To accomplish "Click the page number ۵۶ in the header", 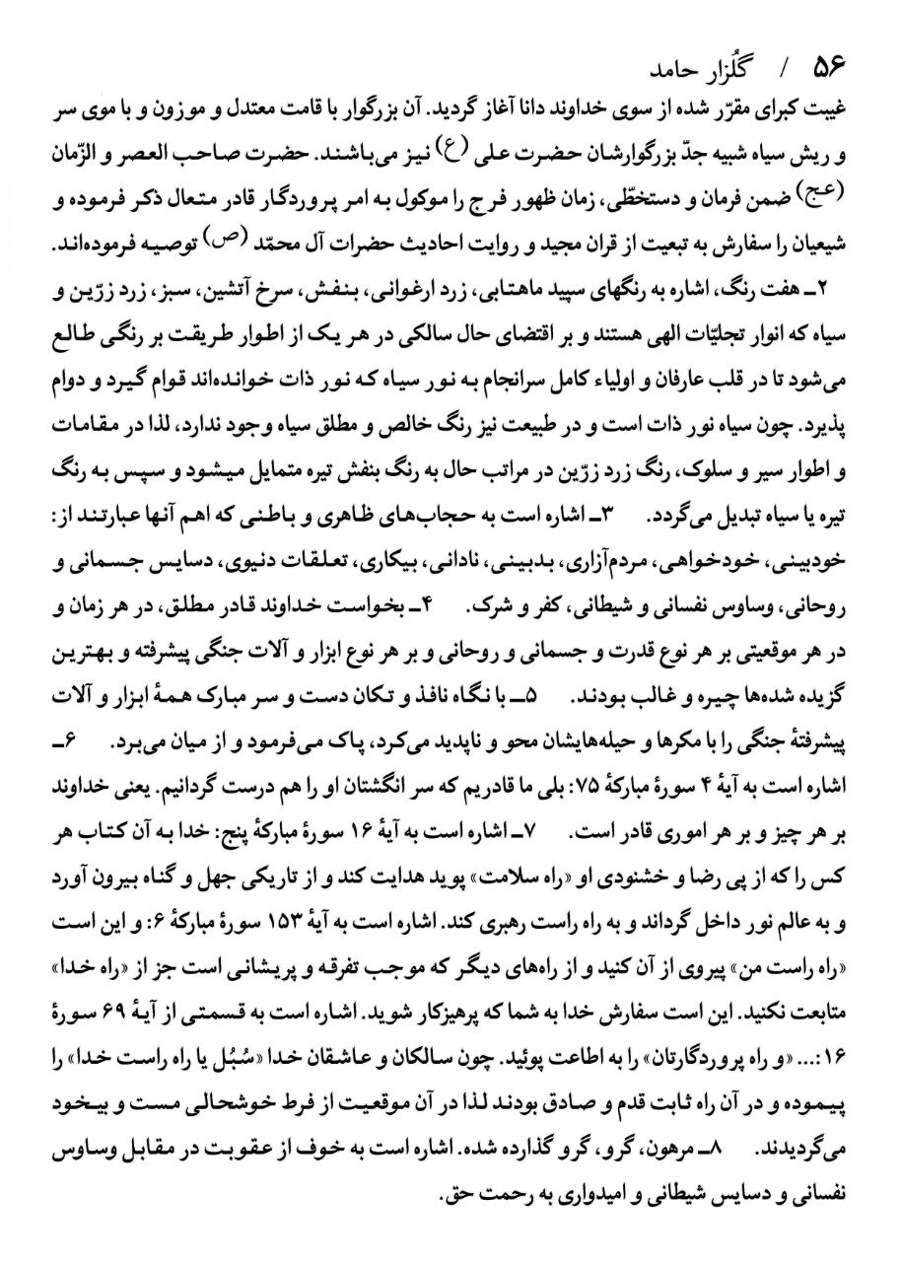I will click(830, 75).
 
